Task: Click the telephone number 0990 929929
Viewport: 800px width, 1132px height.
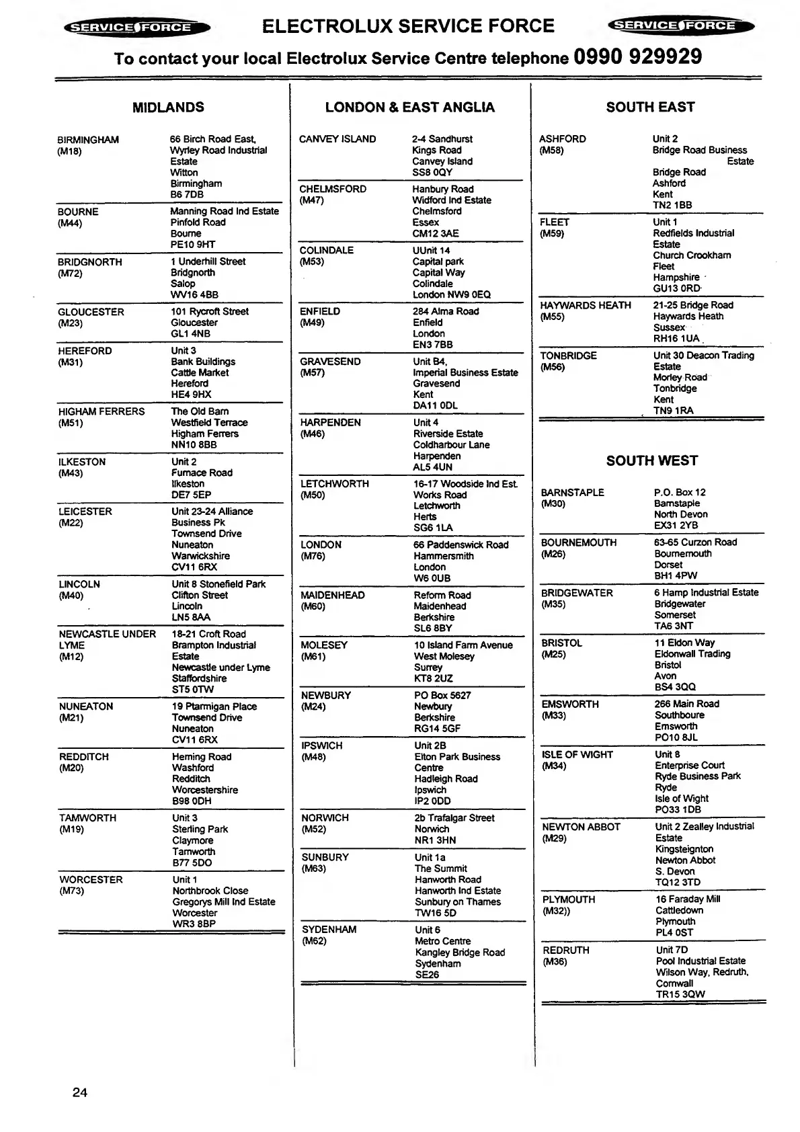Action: point(637,57)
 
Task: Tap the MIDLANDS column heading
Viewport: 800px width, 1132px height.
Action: point(168,108)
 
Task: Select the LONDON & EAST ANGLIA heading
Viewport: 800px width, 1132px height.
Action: point(409,108)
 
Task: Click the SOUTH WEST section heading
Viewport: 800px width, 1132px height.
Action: point(651,461)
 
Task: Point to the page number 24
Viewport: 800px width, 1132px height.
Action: point(79,1092)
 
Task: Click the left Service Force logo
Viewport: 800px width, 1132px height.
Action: point(136,28)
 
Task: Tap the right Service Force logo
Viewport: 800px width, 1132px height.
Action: point(680,26)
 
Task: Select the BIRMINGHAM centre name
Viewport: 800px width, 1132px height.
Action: point(88,140)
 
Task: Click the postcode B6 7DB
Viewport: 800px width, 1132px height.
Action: point(187,195)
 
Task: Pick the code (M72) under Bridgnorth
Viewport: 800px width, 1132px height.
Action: point(70,274)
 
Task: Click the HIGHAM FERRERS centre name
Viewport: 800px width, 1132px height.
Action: point(102,411)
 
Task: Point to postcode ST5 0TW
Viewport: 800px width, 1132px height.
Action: point(193,690)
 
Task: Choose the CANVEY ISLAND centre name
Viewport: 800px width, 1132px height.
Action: point(337,139)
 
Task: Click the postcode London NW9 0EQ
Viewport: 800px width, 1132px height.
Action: point(452,294)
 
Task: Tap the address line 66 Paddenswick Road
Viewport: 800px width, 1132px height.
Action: point(461,545)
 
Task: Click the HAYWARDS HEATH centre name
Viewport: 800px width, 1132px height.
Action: point(586,306)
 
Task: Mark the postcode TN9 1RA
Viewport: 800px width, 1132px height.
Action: point(674,411)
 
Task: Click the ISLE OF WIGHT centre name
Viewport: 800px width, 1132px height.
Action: point(577,755)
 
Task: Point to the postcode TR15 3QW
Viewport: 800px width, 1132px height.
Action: point(680,994)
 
